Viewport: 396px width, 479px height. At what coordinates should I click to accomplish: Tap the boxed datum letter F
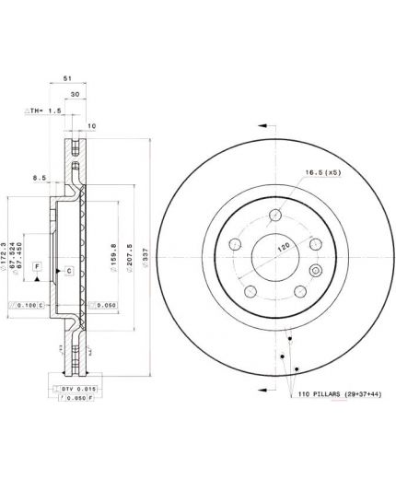click(x=37, y=266)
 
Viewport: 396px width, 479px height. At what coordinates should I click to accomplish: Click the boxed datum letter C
click(x=69, y=271)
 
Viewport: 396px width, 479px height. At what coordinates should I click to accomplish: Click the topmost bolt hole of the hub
click(x=274, y=216)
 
